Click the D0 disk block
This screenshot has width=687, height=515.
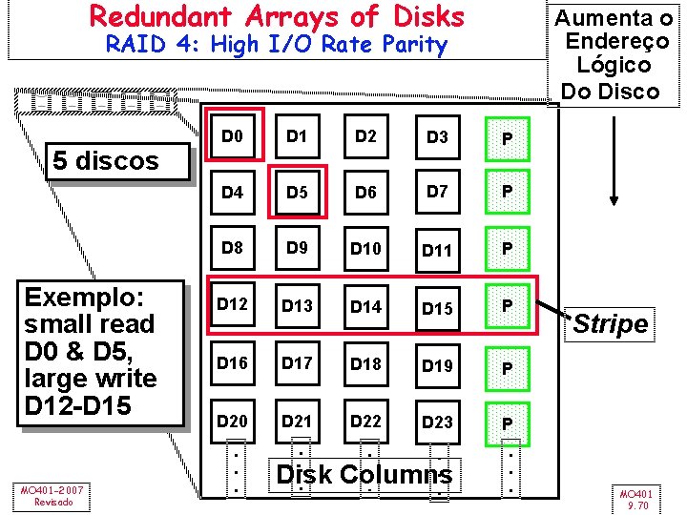coord(232,137)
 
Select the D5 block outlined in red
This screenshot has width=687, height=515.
coord(299,193)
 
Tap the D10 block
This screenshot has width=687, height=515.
coord(365,249)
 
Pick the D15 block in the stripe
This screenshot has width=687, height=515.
coord(437,307)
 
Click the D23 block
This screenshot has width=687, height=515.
coord(437,422)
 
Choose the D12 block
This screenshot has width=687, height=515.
coord(232,305)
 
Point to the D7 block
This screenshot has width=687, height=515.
coord(437,192)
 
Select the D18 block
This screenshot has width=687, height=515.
coord(365,364)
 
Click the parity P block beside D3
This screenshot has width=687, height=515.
coord(508,140)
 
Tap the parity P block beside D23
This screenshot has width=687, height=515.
coord(508,423)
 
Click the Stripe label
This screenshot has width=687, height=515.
coord(611,324)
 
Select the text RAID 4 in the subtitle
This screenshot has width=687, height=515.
coord(143,45)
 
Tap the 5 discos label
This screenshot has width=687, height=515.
coord(106,160)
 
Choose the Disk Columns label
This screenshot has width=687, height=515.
coord(364,474)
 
